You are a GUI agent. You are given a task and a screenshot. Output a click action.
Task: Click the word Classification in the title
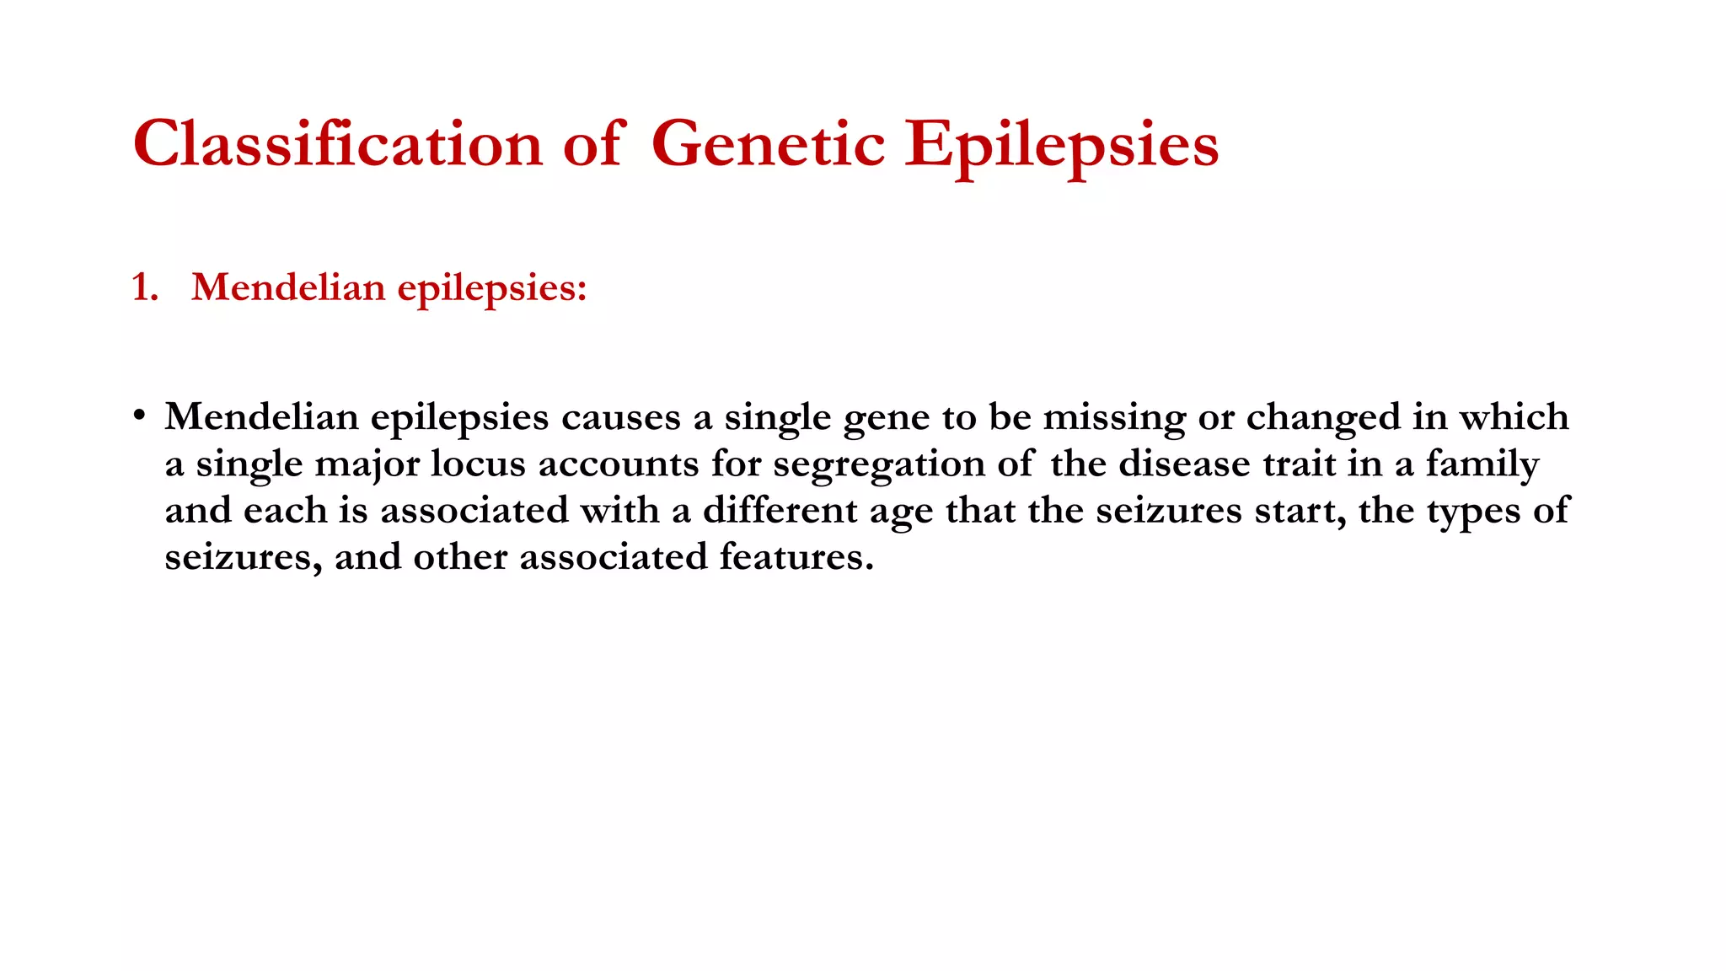coord(338,144)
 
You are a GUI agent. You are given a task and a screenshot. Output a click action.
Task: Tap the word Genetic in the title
coord(768,144)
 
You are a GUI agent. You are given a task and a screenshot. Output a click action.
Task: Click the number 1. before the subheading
coord(145,288)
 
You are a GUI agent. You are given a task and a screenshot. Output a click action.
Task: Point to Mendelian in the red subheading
coord(288,287)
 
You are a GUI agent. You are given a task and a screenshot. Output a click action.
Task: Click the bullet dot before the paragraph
coord(139,416)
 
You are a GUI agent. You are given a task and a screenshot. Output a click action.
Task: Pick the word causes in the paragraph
coord(621,417)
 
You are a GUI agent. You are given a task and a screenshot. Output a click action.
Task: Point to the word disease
coord(1184,464)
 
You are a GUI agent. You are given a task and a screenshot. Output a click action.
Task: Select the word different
coord(780,511)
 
